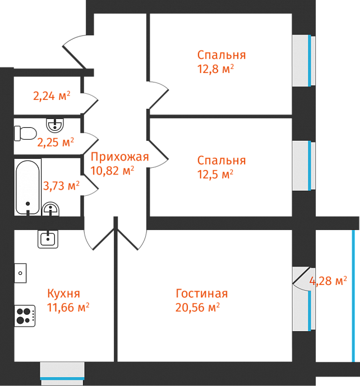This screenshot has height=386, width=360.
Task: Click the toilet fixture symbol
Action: pos(25,134)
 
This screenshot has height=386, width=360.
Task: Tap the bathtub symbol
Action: pos(28,187)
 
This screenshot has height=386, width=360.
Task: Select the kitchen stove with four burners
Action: pos(24,316)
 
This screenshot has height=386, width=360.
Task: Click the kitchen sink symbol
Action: pos(48,240)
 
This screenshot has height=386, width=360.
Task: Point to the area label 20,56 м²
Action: pos(197,307)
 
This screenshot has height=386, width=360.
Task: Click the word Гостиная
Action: pos(201,294)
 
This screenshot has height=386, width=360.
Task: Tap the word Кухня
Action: pos(63,293)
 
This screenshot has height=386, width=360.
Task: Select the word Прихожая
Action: pos(119,157)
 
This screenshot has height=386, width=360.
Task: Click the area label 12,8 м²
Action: pos(215,69)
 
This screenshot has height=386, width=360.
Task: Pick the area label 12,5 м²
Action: pos(215,174)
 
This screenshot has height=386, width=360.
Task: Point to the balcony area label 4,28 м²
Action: pos(329,281)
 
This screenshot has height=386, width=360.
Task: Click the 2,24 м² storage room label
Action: pos(52,96)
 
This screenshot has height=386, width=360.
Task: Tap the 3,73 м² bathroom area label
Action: pos(61,185)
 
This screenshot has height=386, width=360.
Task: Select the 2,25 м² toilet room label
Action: pos(56,142)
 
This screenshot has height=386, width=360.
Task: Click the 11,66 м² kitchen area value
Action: pos(68,307)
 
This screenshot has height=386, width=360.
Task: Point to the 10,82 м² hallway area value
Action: pos(112,171)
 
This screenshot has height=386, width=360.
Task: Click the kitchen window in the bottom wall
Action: pos(62,374)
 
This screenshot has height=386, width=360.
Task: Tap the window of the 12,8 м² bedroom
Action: pos(303,61)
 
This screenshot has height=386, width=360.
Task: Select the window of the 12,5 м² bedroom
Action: pos(303,167)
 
